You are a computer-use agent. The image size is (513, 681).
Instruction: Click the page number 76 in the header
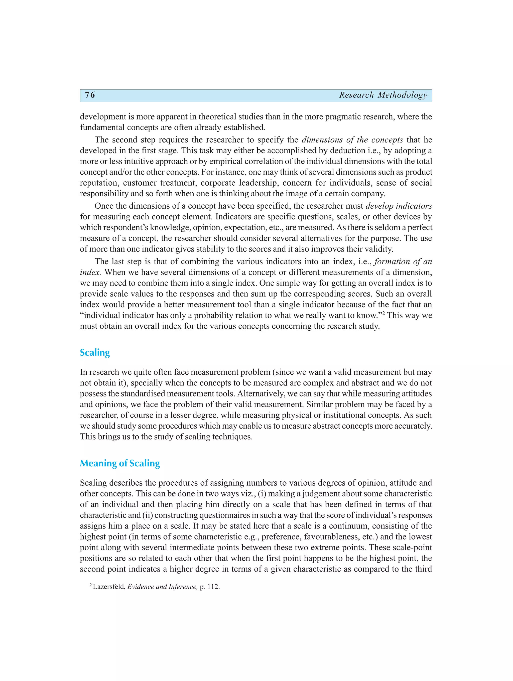pos(90,95)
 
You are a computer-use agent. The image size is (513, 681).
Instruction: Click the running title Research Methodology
pos(383,95)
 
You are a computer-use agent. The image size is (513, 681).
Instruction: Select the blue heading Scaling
pos(95,352)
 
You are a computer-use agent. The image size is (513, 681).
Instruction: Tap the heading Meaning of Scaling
pos(120,463)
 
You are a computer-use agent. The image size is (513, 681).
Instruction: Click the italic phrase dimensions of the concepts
pos(352,140)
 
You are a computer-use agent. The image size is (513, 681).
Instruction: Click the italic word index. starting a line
pos(90,273)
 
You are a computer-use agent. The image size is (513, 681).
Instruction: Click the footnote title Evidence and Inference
pos(162,587)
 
